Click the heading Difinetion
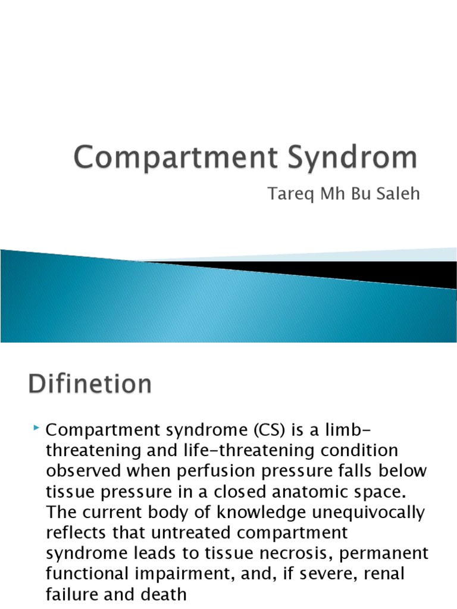[89, 384]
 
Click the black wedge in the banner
[357, 271]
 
